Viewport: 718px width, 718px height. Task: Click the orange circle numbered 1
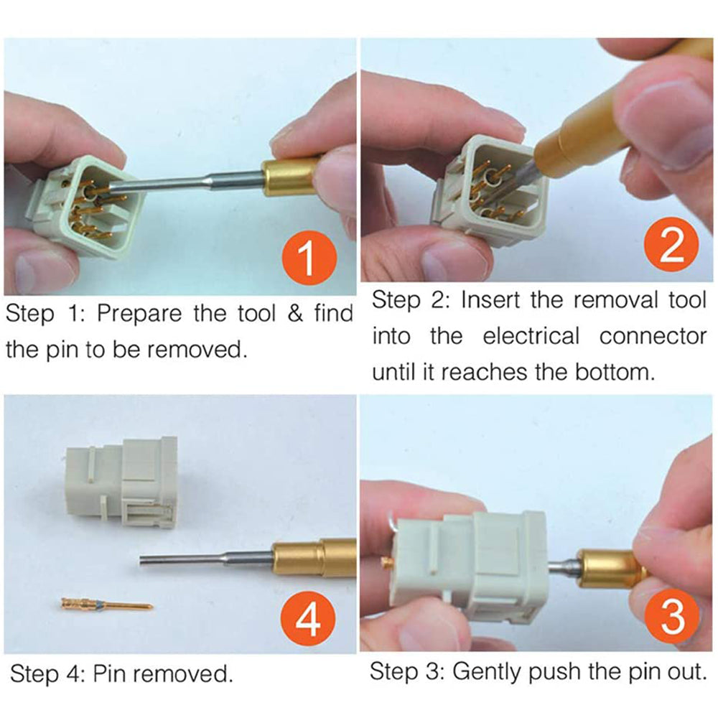[x=309, y=258]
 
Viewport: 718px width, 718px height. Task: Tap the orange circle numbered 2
[x=671, y=245]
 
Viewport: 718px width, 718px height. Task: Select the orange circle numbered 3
[x=672, y=617]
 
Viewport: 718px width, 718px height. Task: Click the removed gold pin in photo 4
[x=107, y=605]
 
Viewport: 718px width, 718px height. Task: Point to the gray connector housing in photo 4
[x=122, y=484]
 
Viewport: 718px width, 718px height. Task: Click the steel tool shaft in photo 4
[x=207, y=560]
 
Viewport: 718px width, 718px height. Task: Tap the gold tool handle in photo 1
[x=289, y=177]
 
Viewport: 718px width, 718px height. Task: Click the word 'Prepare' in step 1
[x=139, y=315]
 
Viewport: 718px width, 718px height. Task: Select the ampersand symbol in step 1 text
[x=296, y=314]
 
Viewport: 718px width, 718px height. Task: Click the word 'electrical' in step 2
[x=531, y=337]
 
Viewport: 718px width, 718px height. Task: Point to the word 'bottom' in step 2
[x=614, y=372]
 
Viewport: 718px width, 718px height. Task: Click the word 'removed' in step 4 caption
[x=183, y=674]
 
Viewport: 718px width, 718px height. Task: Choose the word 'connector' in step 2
[x=653, y=337]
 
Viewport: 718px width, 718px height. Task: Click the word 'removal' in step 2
[x=615, y=300]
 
